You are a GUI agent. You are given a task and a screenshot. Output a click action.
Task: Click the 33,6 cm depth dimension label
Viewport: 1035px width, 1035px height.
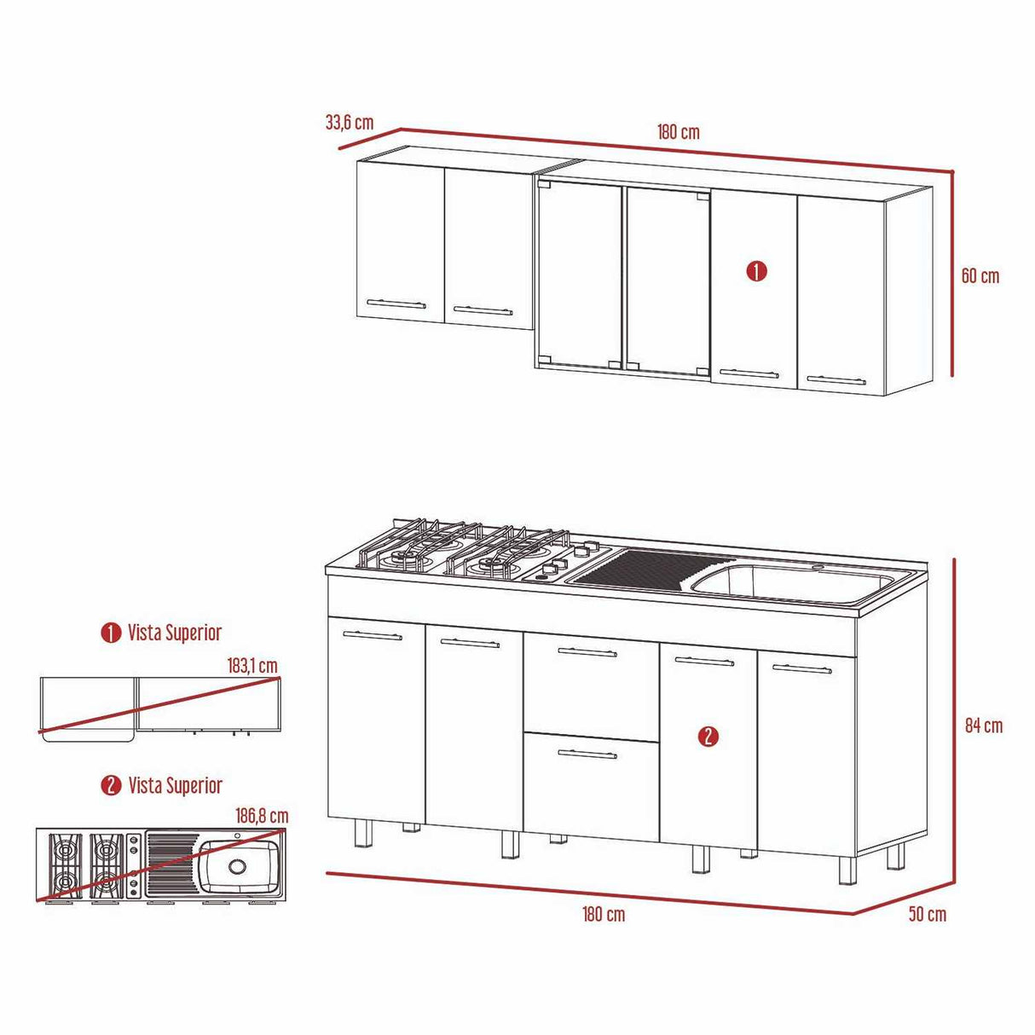[x=349, y=123]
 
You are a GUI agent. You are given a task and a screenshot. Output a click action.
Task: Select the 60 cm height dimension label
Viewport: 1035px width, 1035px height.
[x=980, y=276]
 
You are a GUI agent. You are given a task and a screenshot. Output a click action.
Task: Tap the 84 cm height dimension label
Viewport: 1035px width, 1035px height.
[x=983, y=726]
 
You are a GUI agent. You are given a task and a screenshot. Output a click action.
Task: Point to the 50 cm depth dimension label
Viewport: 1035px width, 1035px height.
[x=927, y=914]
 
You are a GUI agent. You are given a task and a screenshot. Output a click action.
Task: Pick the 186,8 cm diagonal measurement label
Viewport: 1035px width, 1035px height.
[x=262, y=816]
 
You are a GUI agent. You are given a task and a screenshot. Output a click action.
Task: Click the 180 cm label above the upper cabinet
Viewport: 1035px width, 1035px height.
[x=678, y=132]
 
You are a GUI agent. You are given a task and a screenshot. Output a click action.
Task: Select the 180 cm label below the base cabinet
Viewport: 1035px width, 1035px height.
[x=604, y=914]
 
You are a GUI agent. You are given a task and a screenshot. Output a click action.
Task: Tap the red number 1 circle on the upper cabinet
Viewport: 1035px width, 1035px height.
[x=756, y=272]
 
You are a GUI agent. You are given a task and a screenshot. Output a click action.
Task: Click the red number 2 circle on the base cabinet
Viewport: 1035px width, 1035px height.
[x=708, y=737]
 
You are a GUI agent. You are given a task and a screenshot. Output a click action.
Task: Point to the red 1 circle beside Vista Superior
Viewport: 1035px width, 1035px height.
[x=111, y=633]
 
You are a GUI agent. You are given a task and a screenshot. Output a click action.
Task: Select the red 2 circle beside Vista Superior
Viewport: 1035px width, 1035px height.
[x=111, y=785]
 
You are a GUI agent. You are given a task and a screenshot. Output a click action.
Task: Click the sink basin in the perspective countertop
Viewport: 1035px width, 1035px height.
[x=793, y=582]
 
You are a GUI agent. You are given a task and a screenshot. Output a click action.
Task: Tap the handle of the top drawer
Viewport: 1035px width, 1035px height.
[x=587, y=653]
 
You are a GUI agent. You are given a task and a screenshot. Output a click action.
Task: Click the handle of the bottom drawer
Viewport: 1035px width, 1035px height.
[x=587, y=754]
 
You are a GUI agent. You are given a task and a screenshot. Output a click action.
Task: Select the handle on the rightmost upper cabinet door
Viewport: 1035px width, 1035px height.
[x=836, y=380]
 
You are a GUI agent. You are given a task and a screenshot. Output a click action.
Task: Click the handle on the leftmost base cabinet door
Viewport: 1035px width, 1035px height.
[x=372, y=635]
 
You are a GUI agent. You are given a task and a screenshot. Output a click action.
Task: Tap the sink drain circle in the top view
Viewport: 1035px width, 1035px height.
[x=237, y=866]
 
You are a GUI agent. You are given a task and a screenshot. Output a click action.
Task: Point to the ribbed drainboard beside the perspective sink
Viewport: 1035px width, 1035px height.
[x=648, y=567]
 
